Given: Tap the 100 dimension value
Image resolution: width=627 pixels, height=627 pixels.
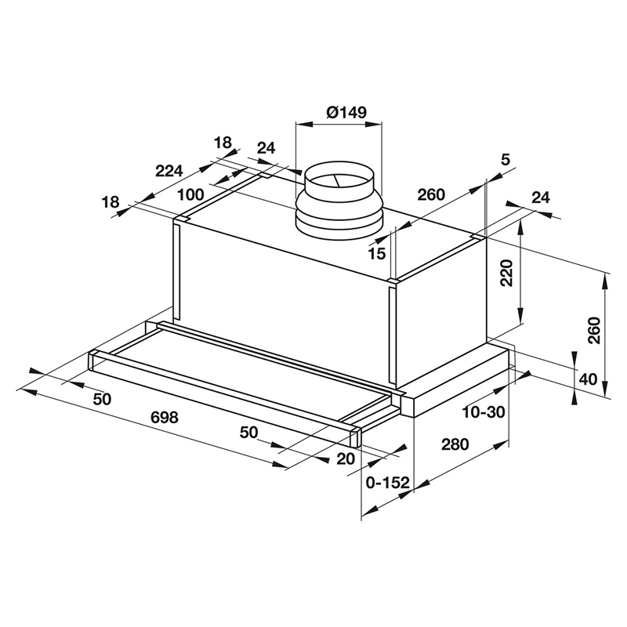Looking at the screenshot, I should pos(190,194).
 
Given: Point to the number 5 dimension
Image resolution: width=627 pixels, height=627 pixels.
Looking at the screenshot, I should pos(505,160).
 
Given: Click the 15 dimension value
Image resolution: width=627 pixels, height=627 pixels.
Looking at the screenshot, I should pos(377,253).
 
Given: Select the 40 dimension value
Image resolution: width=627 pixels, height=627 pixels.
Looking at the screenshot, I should pos(588,379).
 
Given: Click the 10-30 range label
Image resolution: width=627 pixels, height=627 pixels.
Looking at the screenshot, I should pos(484,411).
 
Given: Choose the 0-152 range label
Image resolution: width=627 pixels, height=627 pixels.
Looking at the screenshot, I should pos(388,483).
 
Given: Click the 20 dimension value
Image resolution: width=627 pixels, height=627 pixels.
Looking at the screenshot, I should pos(345,459).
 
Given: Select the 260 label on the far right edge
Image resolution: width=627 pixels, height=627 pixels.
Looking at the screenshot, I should pos(593,331).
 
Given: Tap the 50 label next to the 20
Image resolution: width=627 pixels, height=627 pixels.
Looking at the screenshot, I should pos(249,432).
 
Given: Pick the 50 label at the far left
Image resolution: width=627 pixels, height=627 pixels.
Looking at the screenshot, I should pos(102,399).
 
